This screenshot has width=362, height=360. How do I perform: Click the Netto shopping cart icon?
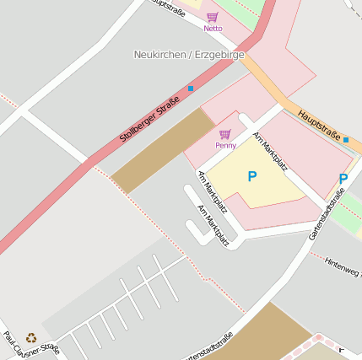tap(212, 17)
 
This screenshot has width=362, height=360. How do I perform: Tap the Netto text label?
tap(213, 29)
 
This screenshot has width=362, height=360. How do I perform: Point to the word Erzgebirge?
tap(219, 55)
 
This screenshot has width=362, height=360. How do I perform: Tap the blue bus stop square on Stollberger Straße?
tap(191, 88)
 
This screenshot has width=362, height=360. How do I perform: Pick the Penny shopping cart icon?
tap(224, 133)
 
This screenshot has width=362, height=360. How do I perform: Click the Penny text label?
tap(225, 145)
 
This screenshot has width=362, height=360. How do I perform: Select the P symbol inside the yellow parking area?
tap(251, 176)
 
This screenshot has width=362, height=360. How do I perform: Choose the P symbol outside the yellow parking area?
tap(343, 179)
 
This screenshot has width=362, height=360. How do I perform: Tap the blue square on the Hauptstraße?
tap(346, 139)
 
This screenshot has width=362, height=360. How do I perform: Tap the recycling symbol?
tap(32, 337)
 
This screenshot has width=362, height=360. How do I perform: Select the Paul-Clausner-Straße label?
tap(32, 345)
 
